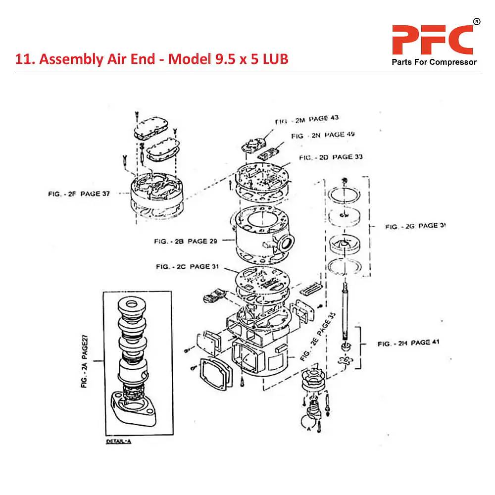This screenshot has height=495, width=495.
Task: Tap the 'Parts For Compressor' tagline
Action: pos(434,62)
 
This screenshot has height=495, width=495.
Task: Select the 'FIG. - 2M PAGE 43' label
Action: pos(307,120)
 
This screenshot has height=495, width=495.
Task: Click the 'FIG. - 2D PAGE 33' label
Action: pos(331,157)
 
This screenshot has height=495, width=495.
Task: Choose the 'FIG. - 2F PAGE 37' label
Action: pos(79,194)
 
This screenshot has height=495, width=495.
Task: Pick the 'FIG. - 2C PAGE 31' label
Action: pos(188,267)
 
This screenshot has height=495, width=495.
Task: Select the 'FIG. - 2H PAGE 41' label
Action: pos(408,343)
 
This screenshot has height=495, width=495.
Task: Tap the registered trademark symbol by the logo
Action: pos(476,22)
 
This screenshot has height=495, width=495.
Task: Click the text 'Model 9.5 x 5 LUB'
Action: pos(228,59)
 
